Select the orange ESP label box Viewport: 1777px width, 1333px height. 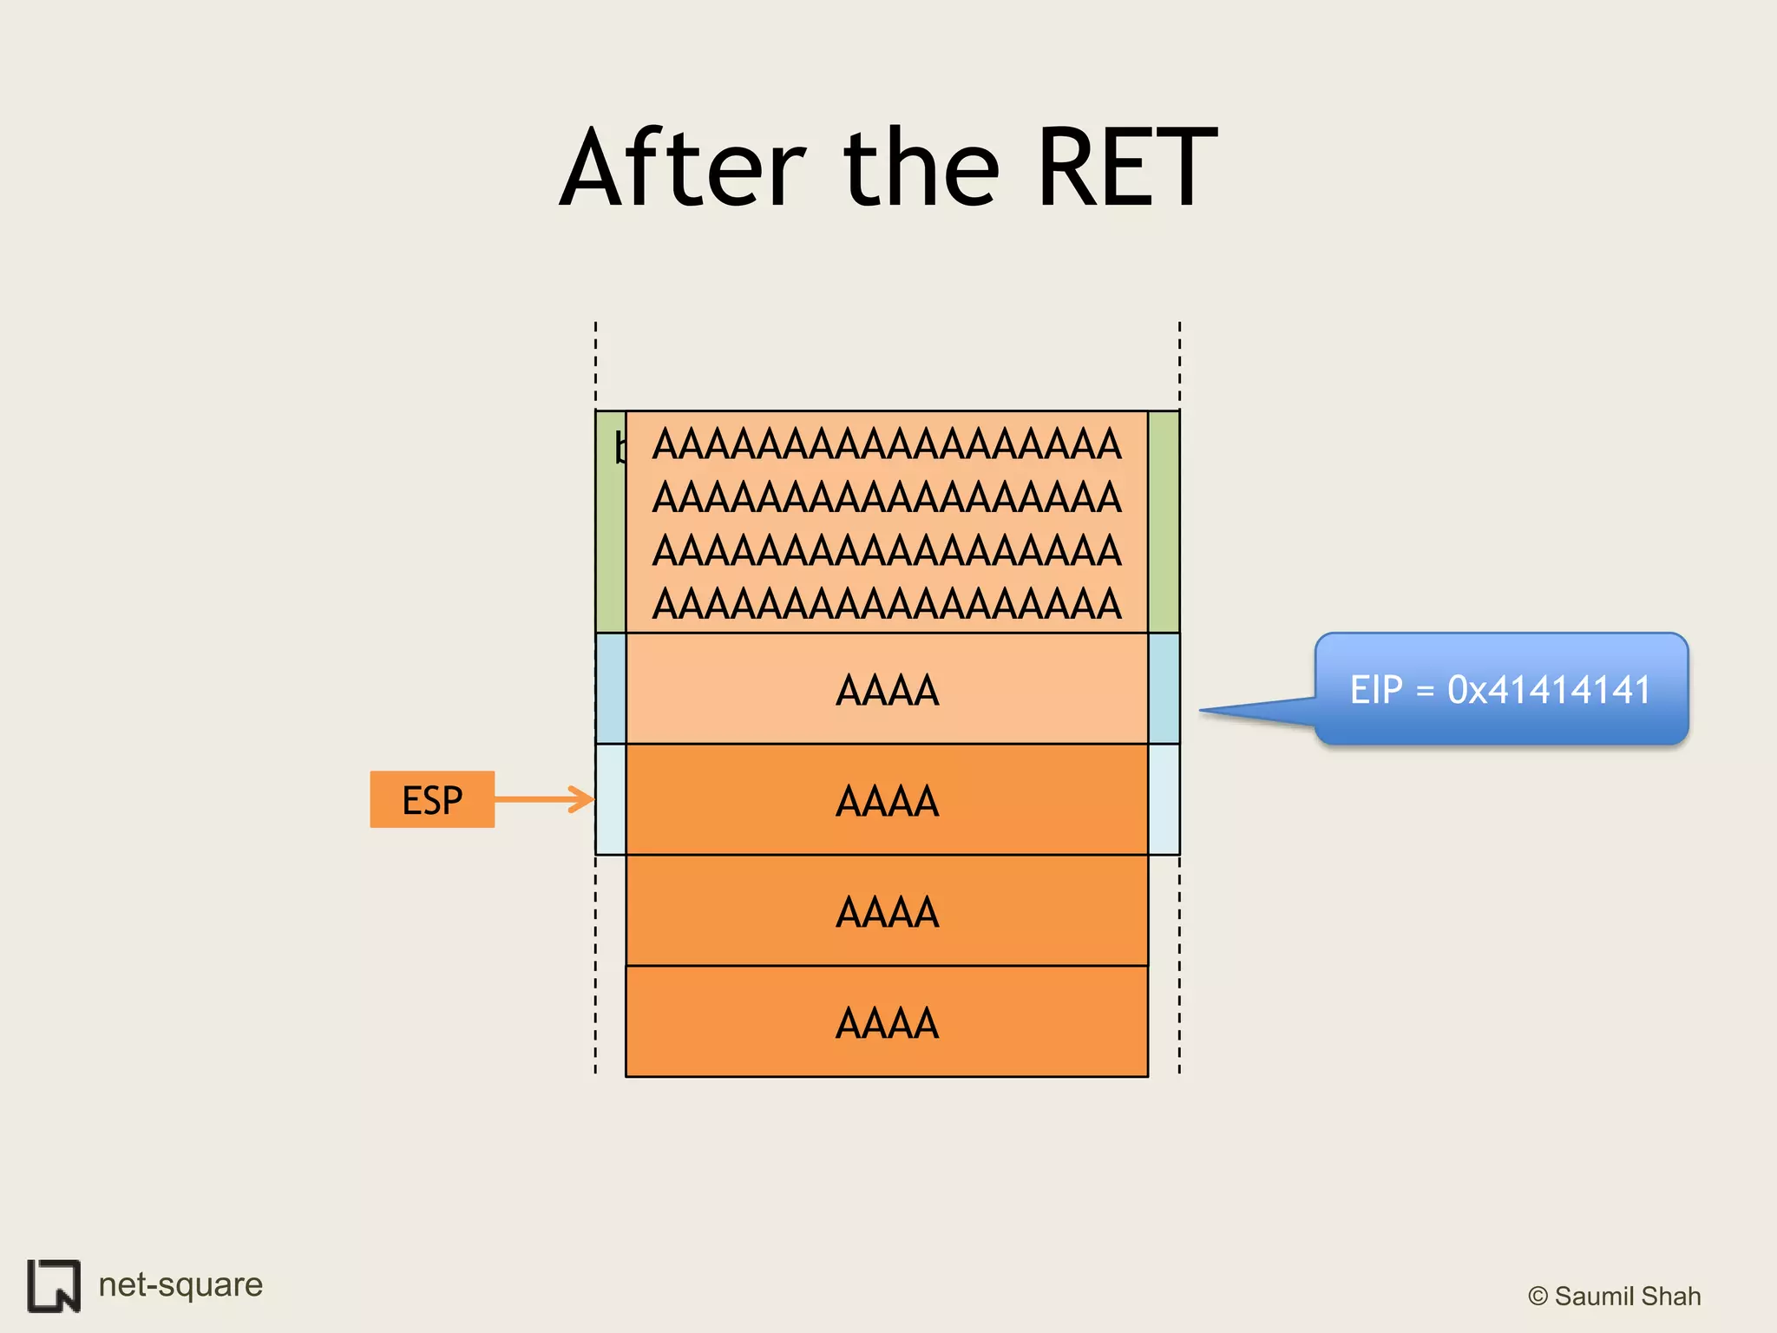(432, 799)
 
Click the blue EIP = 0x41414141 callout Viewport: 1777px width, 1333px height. (1501, 689)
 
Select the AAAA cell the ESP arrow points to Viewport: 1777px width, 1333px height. (887, 800)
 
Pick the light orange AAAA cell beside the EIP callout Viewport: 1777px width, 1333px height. (887, 689)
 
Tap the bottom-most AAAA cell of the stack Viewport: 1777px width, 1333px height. (887, 1022)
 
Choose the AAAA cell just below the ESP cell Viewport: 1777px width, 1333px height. (887, 911)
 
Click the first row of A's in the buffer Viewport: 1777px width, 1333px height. (887, 444)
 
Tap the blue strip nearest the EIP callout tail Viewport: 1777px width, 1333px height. (1164, 689)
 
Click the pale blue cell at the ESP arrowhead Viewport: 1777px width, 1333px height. (611, 800)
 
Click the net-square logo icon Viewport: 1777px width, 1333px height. (54, 1285)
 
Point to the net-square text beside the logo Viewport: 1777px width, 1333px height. (180, 1284)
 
